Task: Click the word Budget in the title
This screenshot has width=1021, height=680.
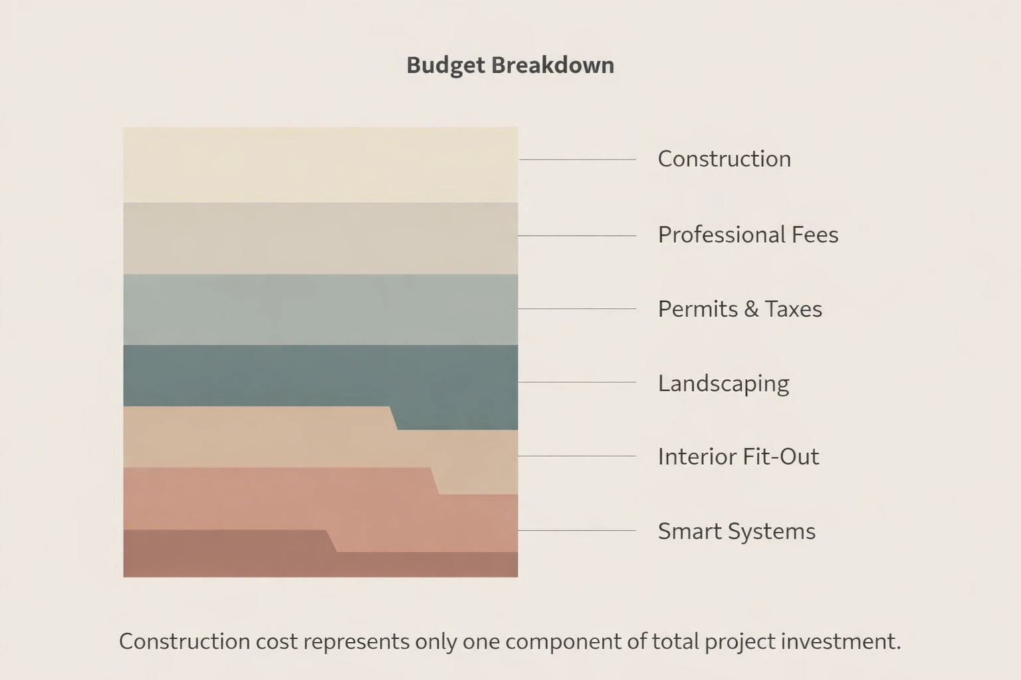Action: pyautogui.click(x=445, y=65)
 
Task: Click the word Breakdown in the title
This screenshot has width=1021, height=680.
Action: pyautogui.click(x=552, y=65)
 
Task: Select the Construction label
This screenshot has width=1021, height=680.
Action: pyautogui.click(x=724, y=159)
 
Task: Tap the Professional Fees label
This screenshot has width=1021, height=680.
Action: pyautogui.click(x=748, y=234)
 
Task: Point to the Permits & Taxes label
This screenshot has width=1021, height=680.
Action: pyautogui.click(x=739, y=309)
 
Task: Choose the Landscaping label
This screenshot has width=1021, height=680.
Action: pyautogui.click(x=723, y=383)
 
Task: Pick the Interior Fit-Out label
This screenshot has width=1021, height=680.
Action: pyautogui.click(x=738, y=457)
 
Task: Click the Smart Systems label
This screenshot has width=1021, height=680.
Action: pyautogui.click(x=736, y=531)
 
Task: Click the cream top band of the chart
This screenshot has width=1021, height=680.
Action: pyautogui.click(x=320, y=165)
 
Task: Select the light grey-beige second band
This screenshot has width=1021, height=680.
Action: pyautogui.click(x=320, y=238)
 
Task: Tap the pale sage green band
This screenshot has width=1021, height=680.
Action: pyautogui.click(x=320, y=309)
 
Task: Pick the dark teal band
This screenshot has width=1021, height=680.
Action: pyautogui.click(x=320, y=375)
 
